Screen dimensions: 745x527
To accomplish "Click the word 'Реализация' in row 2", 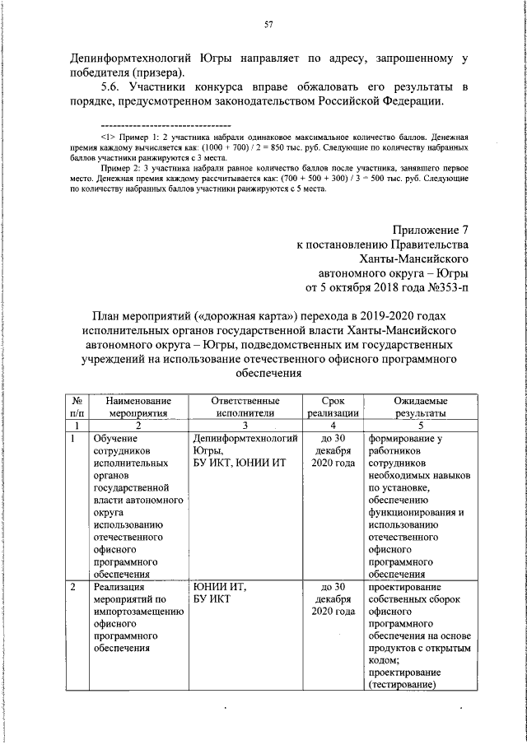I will click(x=120, y=587).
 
